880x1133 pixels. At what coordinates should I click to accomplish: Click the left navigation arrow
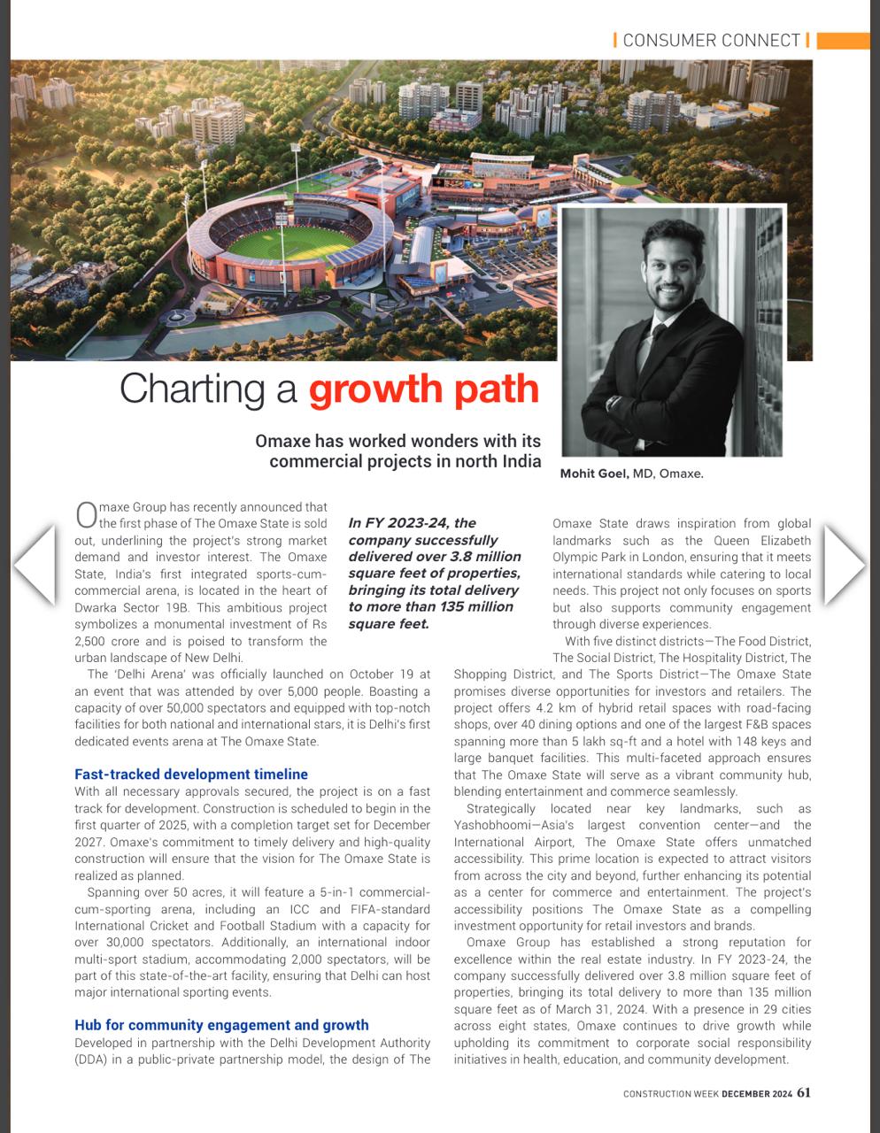(35, 564)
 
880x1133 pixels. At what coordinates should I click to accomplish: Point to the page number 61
(803, 1092)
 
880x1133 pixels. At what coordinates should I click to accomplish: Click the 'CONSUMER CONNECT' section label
(711, 40)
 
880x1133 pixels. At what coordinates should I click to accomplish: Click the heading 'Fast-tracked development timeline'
(191, 775)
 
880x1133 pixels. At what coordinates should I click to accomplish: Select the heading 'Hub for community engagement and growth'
(221, 1025)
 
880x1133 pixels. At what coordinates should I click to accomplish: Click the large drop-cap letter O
(86, 515)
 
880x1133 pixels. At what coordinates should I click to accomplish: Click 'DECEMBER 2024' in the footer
(757, 1094)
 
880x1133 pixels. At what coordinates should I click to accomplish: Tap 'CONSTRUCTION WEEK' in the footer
(670, 1094)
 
